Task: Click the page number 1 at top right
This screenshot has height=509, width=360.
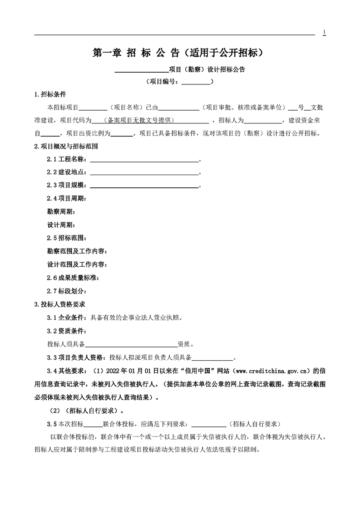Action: (x=324, y=32)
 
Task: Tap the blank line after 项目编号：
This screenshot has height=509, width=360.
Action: (x=196, y=82)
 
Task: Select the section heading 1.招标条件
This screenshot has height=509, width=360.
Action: (x=50, y=94)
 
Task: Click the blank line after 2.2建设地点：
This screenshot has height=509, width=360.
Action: (x=144, y=173)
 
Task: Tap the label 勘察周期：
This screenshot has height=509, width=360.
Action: (x=61, y=212)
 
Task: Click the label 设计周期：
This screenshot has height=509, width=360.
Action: (x=61, y=225)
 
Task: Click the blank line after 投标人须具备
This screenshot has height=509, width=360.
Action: (x=132, y=343)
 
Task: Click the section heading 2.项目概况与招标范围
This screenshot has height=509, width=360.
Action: (x=66, y=147)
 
